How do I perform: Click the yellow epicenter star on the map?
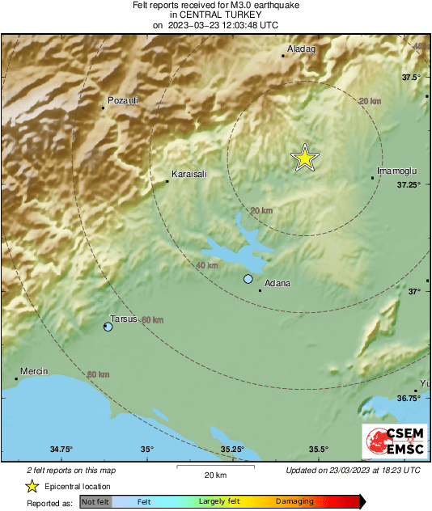(304, 158)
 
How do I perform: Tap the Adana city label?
(277, 284)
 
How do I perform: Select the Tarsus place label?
(123, 319)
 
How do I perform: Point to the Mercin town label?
(35, 371)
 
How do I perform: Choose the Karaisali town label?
(191, 174)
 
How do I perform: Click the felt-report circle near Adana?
(248, 279)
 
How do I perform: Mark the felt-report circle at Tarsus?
(108, 327)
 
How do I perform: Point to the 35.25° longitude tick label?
(232, 450)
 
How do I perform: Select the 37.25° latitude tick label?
(409, 185)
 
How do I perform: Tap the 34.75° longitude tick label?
(61, 450)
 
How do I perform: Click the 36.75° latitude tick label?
(409, 399)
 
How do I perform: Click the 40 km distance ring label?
(208, 265)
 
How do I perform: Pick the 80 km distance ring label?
(98, 374)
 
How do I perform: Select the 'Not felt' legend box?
(95, 502)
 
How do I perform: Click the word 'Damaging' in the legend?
(294, 502)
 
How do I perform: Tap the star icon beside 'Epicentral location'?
(32, 487)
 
